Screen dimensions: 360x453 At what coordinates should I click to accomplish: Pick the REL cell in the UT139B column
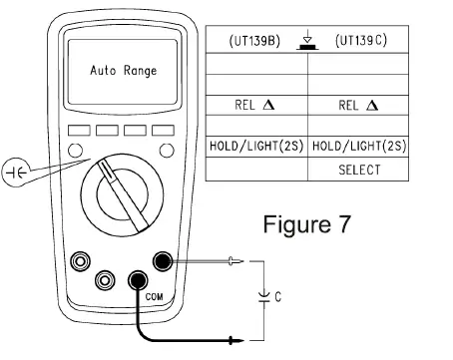pyautogui.click(x=256, y=104)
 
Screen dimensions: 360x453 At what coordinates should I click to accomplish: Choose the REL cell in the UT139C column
pyautogui.click(x=358, y=104)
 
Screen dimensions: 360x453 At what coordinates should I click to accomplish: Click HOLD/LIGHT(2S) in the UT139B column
pyautogui.click(x=255, y=147)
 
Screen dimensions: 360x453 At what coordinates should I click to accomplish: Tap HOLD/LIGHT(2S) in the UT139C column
pyautogui.click(x=358, y=147)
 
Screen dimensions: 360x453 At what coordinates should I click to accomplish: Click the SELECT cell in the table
pyautogui.click(x=358, y=170)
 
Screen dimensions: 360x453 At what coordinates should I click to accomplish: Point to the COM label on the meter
pyautogui.click(x=141, y=297)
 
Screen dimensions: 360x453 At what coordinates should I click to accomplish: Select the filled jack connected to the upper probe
pyautogui.click(x=160, y=261)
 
